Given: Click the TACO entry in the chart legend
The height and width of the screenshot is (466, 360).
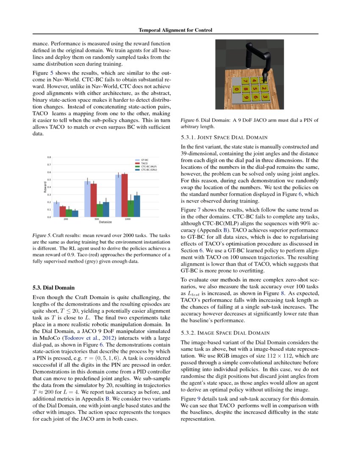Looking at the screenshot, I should [x=144, y=163].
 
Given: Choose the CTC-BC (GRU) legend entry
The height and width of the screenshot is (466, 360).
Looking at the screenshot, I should [x=149, y=169].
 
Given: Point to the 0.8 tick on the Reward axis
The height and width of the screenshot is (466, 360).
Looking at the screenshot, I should [x=49, y=157].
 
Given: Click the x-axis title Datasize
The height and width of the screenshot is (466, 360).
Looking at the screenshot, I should [x=105, y=222].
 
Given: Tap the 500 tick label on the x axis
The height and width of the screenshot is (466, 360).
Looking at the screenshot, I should [x=97, y=219].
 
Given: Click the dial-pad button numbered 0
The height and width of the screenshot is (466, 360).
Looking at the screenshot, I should [x=236, y=89].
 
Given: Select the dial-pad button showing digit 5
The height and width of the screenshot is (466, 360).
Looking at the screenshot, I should [x=255, y=89].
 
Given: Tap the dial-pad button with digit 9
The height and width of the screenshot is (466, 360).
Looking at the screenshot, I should [x=246, y=97].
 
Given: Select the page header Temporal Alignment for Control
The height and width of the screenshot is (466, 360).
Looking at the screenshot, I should [x=175, y=30].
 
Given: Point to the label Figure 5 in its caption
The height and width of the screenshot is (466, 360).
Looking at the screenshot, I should [x=41, y=235].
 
